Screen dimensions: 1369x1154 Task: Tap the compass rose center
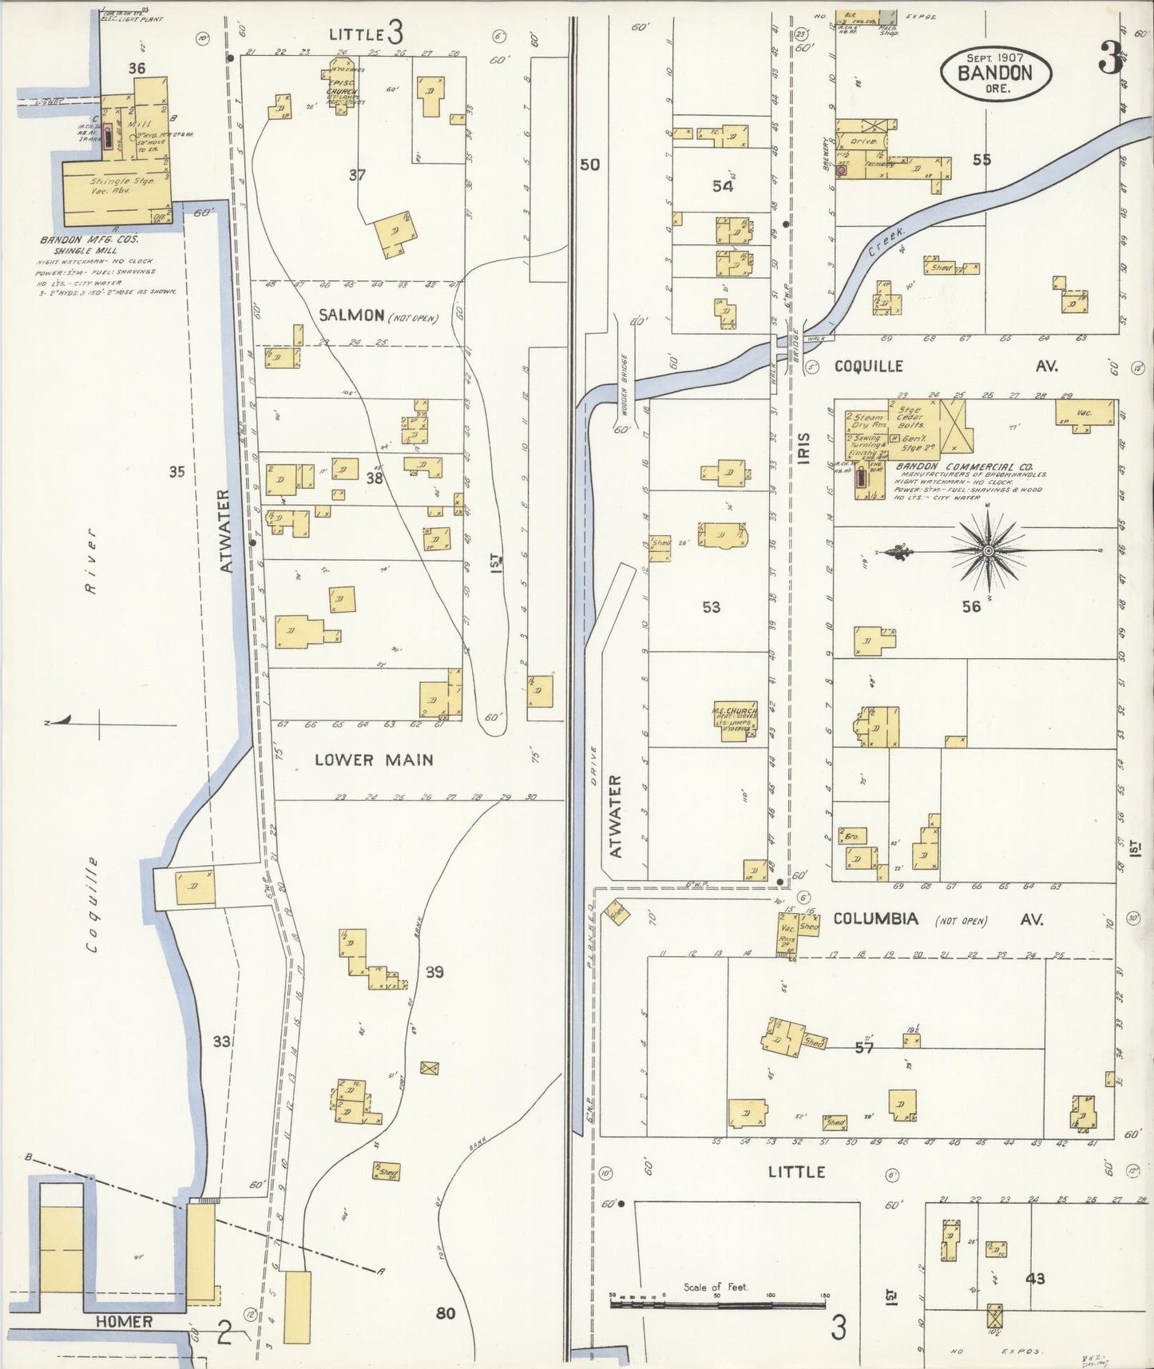(989, 551)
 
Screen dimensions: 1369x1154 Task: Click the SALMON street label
(351, 315)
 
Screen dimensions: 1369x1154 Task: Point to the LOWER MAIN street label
(374, 759)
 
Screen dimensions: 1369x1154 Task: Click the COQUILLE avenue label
(869, 366)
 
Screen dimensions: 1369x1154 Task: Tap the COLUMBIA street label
(875, 919)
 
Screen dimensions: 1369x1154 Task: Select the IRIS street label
(804, 448)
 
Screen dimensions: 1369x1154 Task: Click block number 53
(711, 607)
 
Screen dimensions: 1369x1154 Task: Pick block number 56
(970, 607)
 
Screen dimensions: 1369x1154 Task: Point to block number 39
(434, 972)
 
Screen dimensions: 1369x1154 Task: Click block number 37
(357, 174)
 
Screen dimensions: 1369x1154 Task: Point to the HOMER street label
(124, 1322)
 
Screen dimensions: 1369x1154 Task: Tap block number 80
(446, 1312)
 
